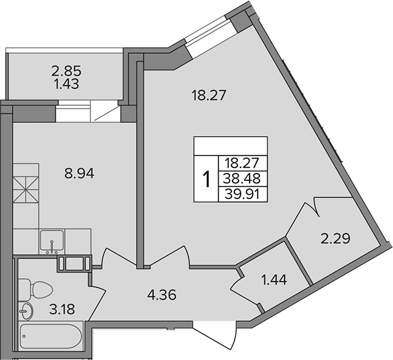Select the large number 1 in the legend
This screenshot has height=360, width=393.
pyautogui.click(x=207, y=178)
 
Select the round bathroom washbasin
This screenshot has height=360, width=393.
pyautogui.click(x=25, y=312)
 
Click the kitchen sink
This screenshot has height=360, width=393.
pyautogui.click(x=52, y=241)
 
